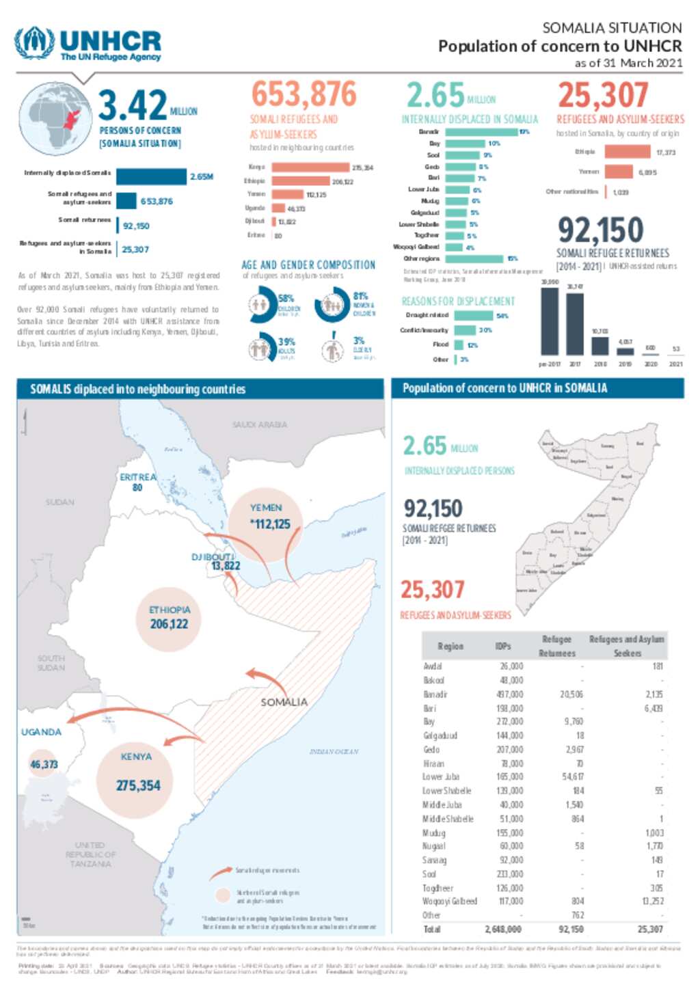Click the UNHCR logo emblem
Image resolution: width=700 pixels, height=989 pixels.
click(x=34, y=43)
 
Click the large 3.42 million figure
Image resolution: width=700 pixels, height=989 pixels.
click(x=133, y=105)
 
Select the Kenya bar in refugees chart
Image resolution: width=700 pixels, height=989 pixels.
click(x=310, y=167)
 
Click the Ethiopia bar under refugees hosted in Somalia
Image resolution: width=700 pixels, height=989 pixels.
click(x=628, y=152)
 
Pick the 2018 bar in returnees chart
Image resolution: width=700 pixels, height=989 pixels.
click(x=600, y=346)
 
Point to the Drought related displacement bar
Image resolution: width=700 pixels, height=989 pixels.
click(x=473, y=316)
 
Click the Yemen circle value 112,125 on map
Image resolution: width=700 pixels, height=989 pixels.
click(x=271, y=524)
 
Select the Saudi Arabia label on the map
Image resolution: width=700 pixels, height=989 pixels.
click(x=260, y=424)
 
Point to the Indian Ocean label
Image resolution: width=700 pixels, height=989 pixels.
click(x=334, y=751)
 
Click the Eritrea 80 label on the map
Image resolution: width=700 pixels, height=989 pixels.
click(x=137, y=482)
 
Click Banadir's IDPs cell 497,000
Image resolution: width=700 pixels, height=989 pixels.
click(x=511, y=694)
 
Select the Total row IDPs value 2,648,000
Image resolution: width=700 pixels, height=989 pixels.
click(x=504, y=929)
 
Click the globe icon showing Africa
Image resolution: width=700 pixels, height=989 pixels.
click(x=55, y=118)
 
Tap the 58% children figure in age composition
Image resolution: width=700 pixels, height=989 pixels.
click(x=286, y=298)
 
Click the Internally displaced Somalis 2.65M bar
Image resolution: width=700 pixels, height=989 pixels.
click(x=150, y=176)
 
